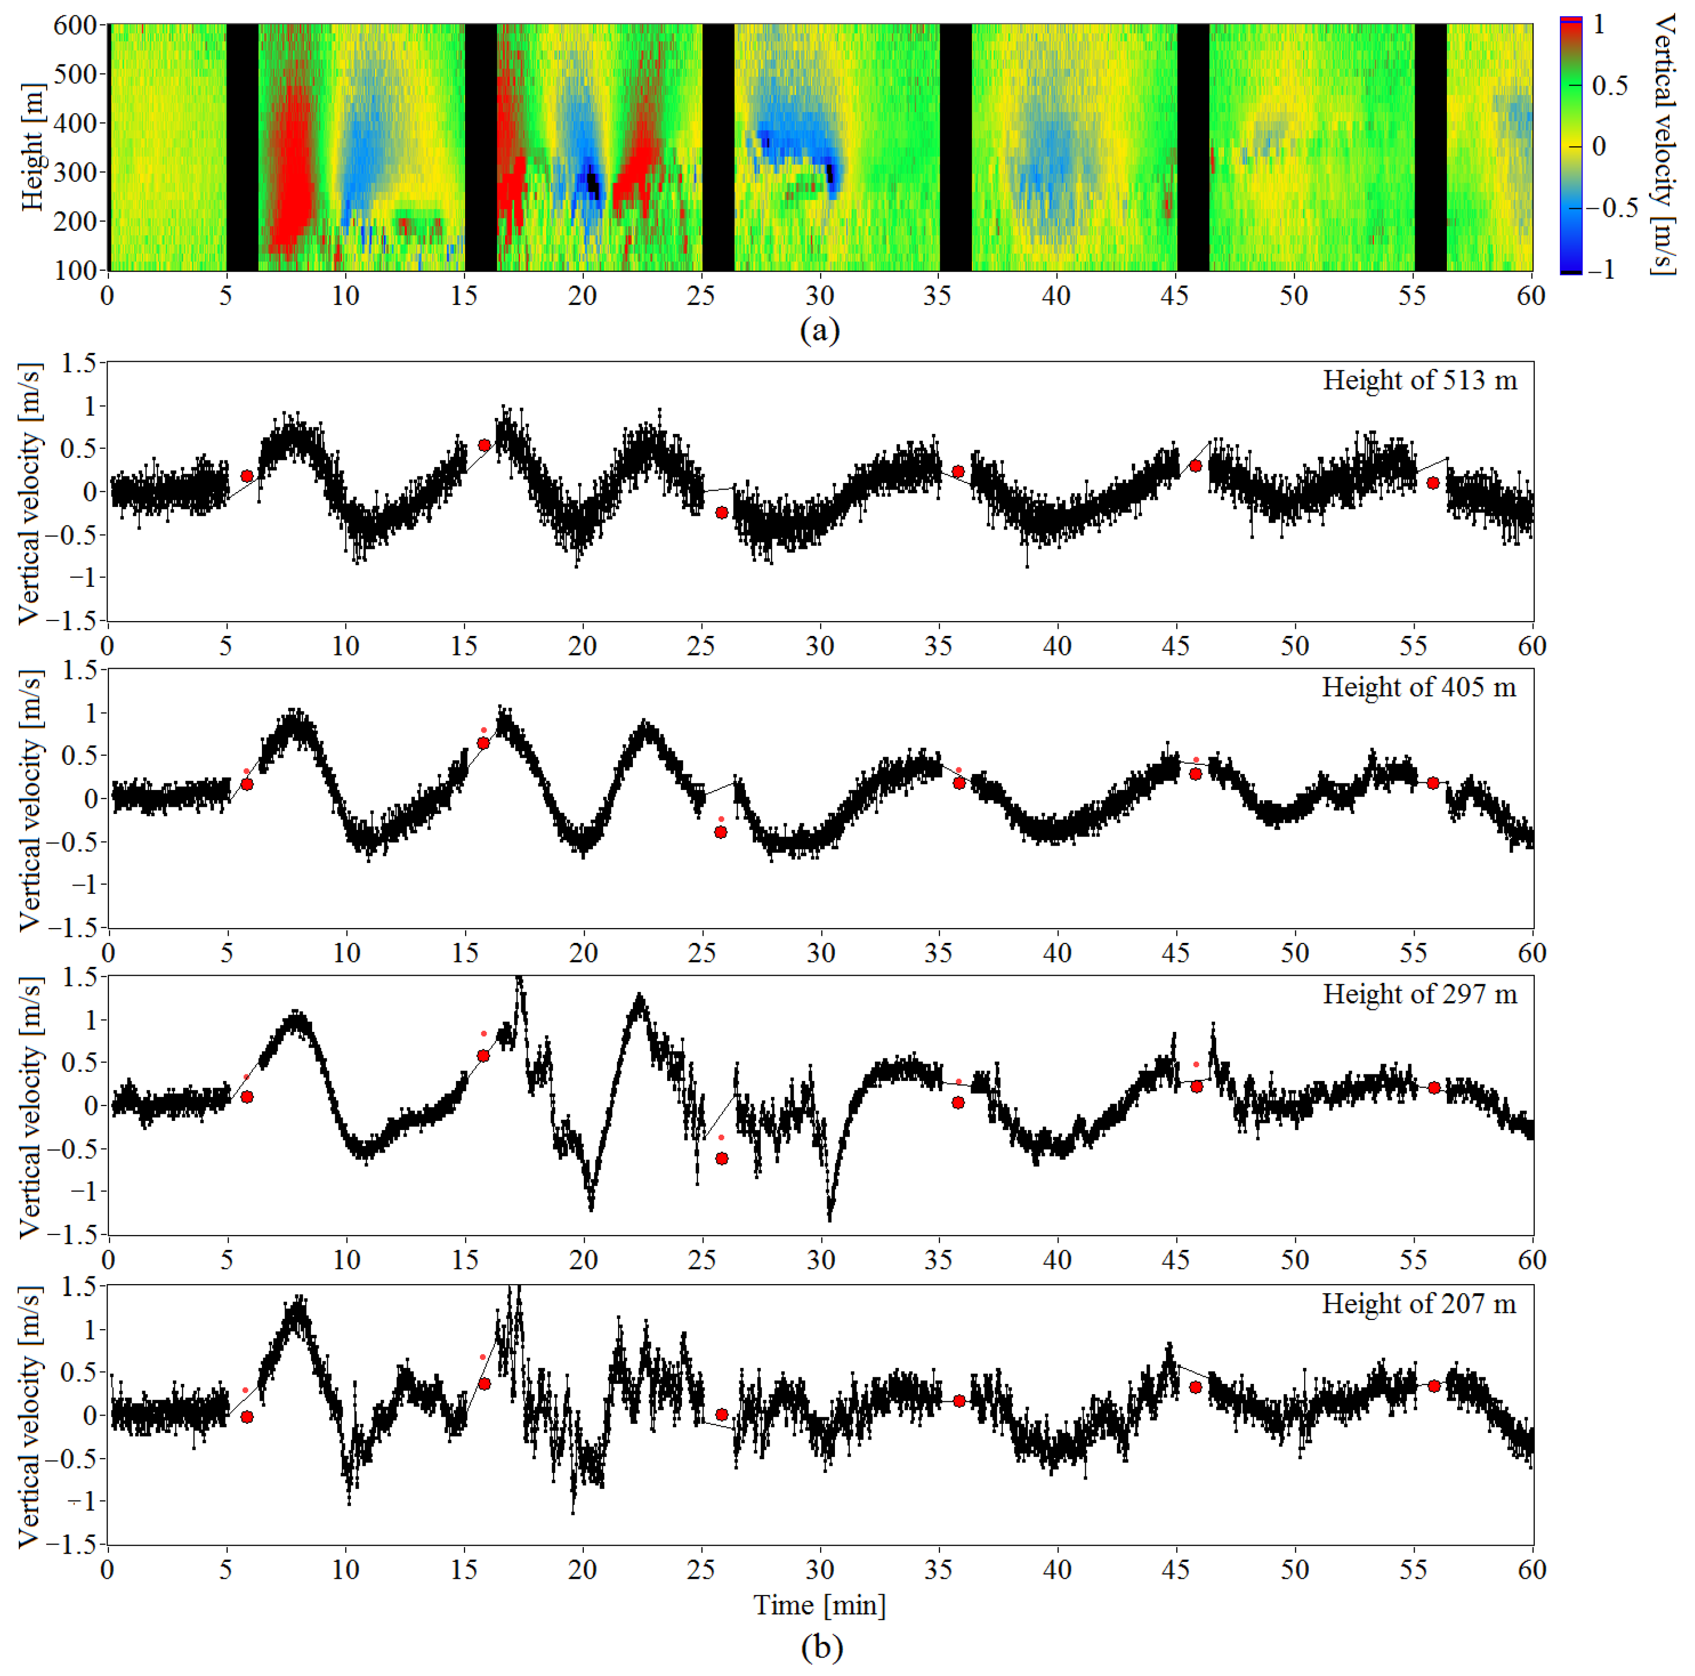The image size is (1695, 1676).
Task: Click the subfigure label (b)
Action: coord(821,1647)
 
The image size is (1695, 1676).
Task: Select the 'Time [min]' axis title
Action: coord(820,1605)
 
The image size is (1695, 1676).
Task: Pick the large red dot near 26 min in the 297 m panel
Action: coord(721,1158)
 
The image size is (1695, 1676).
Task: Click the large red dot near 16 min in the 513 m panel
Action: coord(485,446)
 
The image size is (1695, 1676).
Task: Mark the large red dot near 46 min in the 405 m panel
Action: coord(1195,774)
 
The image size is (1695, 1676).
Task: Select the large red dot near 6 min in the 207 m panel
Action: coord(248,1416)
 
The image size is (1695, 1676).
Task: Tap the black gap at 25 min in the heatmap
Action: coord(718,147)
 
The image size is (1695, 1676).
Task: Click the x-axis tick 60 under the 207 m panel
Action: coord(1532,1569)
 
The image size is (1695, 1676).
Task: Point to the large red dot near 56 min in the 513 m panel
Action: coord(1433,482)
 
